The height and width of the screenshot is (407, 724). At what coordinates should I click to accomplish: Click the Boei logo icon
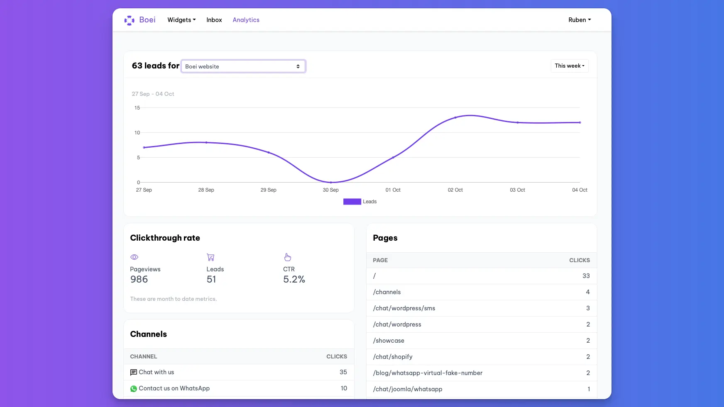click(x=129, y=20)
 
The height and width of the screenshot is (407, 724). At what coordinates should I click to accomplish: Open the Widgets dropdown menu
click(x=181, y=20)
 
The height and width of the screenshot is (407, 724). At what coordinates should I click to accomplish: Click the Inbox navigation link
click(x=214, y=20)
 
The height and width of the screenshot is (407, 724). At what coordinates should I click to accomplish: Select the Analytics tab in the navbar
click(x=246, y=20)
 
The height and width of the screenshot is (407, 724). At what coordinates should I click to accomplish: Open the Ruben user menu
click(x=580, y=20)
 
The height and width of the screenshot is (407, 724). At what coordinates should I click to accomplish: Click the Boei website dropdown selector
click(x=243, y=66)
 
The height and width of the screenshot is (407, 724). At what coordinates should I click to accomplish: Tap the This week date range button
click(x=569, y=66)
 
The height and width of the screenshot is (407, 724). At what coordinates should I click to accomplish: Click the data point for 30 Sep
click(x=331, y=182)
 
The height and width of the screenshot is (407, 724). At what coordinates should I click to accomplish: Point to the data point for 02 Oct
click(x=455, y=117)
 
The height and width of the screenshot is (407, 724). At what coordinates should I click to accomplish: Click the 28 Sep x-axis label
click(x=206, y=190)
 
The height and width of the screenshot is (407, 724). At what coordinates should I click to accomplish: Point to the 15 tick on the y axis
click(x=137, y=108)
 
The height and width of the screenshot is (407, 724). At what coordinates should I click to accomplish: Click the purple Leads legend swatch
click(x=352, y=202)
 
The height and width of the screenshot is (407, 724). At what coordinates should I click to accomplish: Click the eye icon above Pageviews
click(x=134, y=257)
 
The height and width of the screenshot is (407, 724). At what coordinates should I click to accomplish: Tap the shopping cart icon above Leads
click(x=210, y=257)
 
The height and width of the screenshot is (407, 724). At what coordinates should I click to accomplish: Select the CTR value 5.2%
click(x=294, y=280)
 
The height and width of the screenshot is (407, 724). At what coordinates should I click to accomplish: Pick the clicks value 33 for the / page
click(x=586, y=276)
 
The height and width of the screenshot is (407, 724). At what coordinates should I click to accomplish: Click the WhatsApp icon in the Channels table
click(x=134, y=389)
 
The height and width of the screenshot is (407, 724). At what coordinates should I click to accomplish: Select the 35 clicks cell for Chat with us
click(x=343, y=372)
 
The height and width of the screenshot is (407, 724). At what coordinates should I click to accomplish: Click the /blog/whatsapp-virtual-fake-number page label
click(x=428, y=373)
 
